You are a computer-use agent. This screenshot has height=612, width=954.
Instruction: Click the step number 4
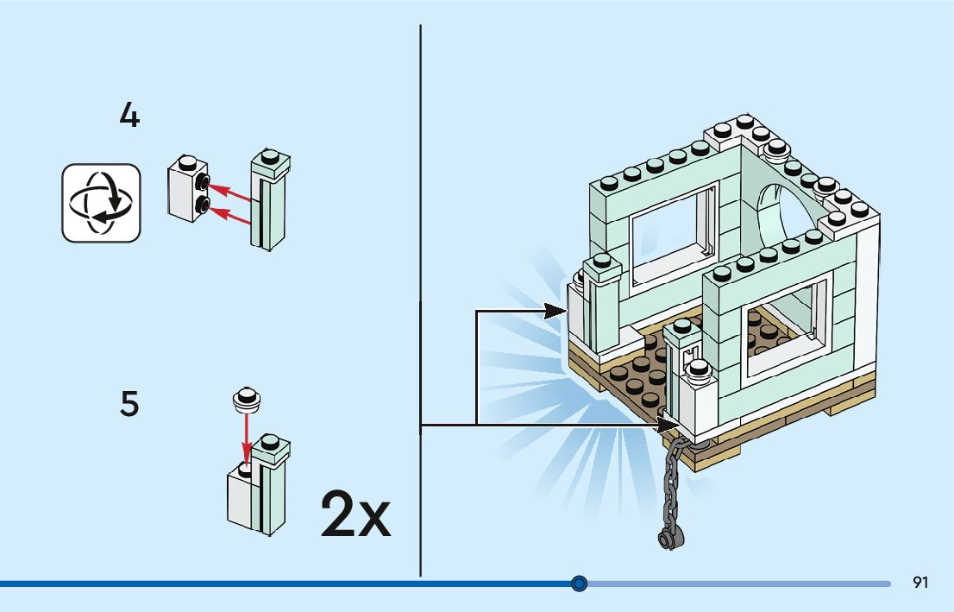129,116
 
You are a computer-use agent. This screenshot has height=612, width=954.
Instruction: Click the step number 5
129,404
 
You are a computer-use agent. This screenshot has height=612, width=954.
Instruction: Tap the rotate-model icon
101,203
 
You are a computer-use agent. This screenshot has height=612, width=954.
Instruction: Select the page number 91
920,583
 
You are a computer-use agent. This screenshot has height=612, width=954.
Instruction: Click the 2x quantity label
355,514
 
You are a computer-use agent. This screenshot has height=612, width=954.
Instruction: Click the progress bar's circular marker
580,584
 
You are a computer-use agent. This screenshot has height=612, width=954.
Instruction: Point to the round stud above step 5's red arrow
247,398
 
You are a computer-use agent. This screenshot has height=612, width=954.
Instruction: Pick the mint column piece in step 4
269,203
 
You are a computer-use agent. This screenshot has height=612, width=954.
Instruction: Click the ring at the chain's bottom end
667,539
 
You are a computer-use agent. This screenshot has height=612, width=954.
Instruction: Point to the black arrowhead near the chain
668,425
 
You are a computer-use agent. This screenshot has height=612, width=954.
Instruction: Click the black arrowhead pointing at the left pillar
556,310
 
